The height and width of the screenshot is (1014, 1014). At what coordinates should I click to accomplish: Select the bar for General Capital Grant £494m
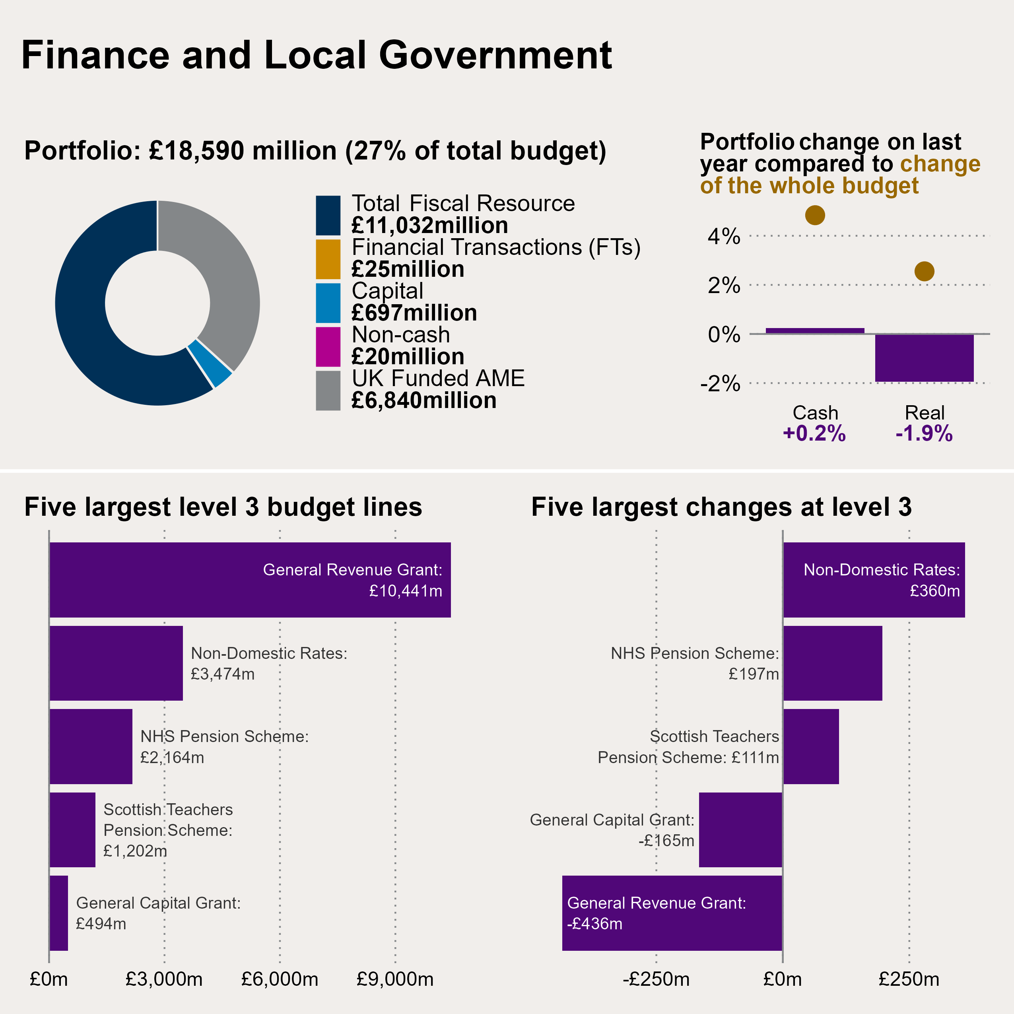coord(59,913)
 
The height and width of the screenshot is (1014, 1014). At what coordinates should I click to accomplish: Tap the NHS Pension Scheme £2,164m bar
coord(91,746)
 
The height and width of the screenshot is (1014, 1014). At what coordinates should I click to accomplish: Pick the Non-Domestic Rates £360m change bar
coord(873,579)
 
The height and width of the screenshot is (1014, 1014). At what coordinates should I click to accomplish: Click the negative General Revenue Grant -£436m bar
coord(672,913)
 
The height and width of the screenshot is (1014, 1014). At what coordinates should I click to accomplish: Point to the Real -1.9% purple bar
coord(924,358)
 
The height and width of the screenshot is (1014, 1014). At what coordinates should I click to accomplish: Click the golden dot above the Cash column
coord(814,215)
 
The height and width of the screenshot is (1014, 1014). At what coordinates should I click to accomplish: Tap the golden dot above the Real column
coord(924,271)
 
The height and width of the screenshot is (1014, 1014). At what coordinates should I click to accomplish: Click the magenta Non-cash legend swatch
coord(328,346)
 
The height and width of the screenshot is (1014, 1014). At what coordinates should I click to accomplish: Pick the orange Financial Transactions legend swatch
coord(328,259)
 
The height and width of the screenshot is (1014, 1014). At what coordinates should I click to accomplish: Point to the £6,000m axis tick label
coord(280,979)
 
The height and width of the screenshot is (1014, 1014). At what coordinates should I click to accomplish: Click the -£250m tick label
coord(656,979)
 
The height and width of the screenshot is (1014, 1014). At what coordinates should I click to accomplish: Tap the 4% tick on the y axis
coord(724,237)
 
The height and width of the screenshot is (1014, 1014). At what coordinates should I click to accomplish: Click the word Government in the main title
coord(495,55)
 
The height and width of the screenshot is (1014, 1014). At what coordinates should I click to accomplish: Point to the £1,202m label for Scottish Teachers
coord(135,851)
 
